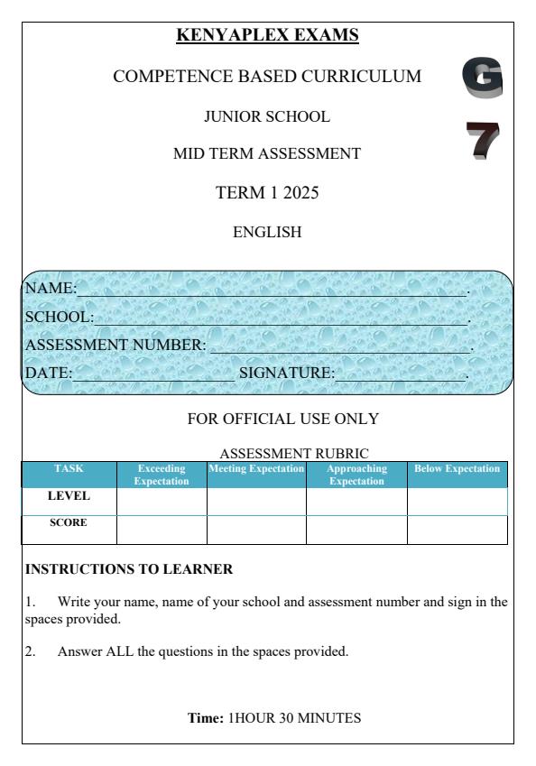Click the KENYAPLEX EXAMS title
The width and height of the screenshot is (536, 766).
point(267,35)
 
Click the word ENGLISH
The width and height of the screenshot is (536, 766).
point(268,232)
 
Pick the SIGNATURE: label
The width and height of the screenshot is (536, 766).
point(286,372)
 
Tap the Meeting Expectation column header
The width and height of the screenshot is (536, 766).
point(256,469)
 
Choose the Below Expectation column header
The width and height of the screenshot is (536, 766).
point(457,469)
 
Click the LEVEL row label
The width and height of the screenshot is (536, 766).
point(69,496)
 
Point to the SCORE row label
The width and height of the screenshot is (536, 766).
point(69,523)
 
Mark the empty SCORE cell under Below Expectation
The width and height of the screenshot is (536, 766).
point(457,530)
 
